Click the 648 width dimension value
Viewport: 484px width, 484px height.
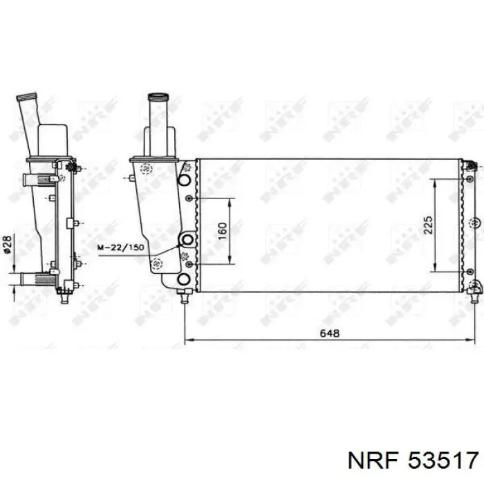click(x=329, y=333)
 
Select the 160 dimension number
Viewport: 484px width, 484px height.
click(x=222, y=231)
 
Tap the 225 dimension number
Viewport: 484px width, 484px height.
click(x=428, y=225)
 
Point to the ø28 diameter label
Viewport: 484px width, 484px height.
click(x=8, y=245)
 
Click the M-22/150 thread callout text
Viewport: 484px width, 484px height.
click(x=120, y=248)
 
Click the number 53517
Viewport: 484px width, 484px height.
click(x=443, y=461)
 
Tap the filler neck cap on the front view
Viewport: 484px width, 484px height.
click(x=158, y=97)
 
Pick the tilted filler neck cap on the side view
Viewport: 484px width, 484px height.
click(x=26, y=96)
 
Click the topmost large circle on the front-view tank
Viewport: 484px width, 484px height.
click(x=185, y=180)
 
